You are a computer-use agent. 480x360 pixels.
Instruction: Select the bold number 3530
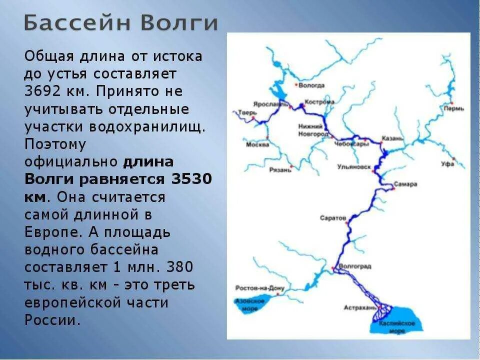click(191, 179)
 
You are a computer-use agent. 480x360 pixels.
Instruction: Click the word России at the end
click(52, 320)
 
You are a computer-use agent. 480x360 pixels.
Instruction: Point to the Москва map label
click(257, 144)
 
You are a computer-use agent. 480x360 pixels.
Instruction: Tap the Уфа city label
click(447, 164)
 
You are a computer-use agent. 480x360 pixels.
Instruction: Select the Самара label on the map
click(405, 184)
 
